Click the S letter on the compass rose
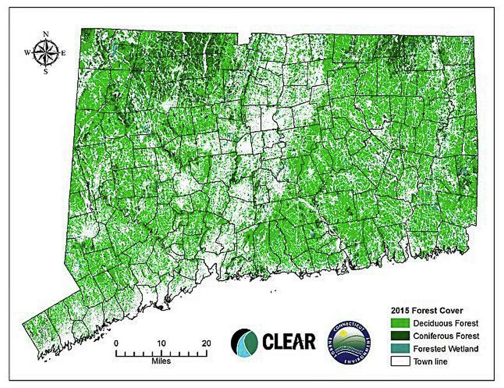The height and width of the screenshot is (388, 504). [46, 71]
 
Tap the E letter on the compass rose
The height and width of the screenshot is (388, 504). [63, 53]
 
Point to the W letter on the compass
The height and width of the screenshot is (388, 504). [27, 53]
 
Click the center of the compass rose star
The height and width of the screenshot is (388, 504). [46, 53]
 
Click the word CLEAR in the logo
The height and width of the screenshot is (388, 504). [289, 341]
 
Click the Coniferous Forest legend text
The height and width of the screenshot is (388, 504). [446, 336]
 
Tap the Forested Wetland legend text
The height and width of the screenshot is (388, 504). [446, 348]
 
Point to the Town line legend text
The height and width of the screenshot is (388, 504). [430, 361]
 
